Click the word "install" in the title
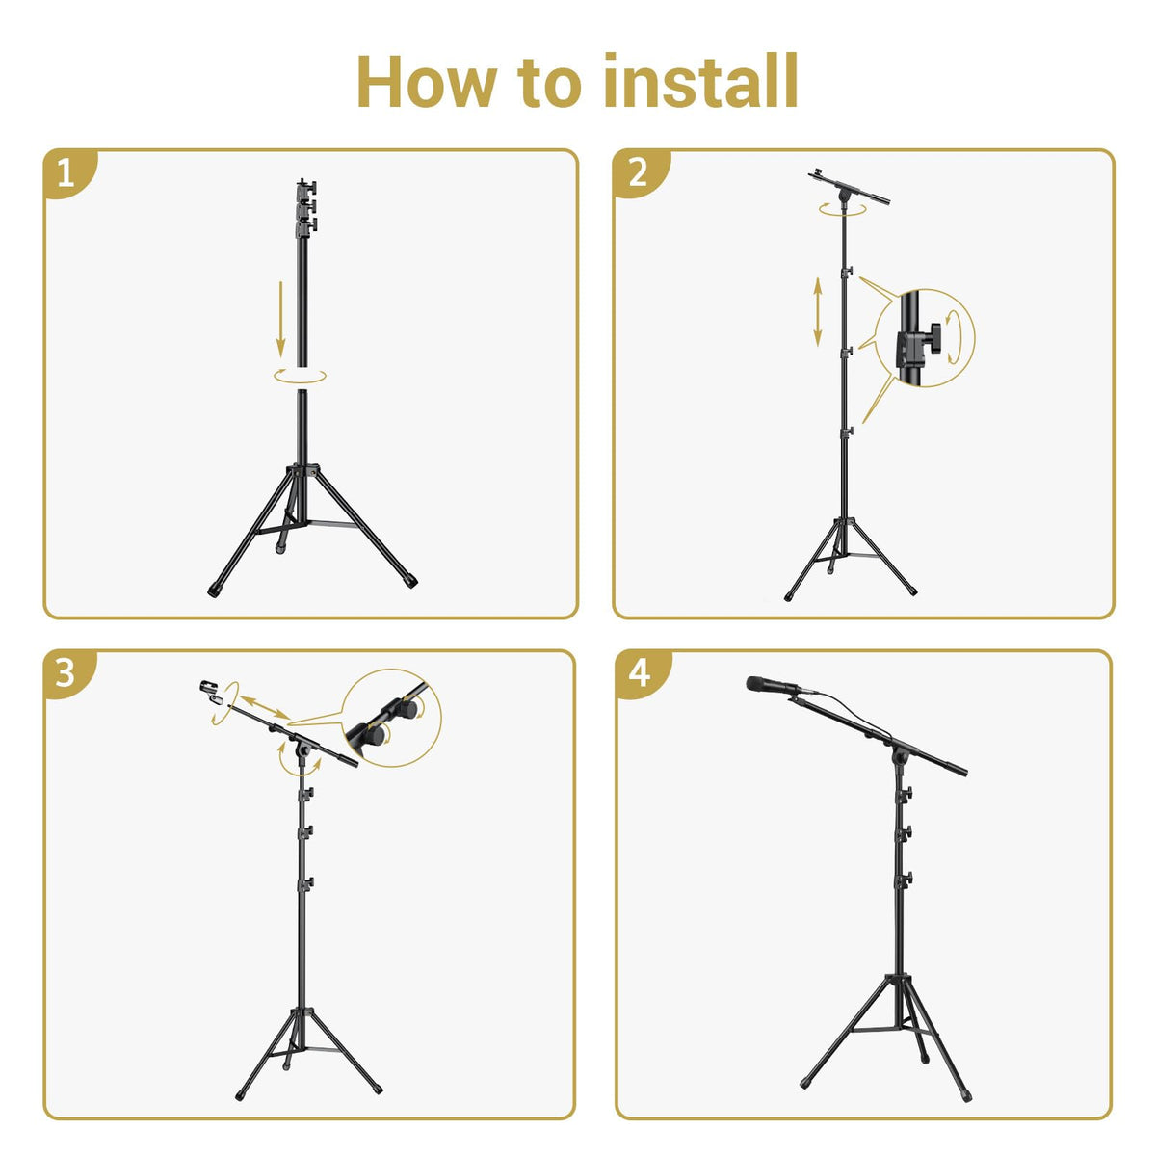point(700,80)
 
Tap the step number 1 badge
point(66,173)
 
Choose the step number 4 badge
point(640,673)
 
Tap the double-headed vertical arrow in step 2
point(817,312)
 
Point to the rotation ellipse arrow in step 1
point(300,377)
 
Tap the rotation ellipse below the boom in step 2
point(843,209)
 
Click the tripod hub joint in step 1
point(302,471)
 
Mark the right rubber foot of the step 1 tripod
point(410,581)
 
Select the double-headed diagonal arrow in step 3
point(266,707)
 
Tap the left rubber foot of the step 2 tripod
point(788,597)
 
